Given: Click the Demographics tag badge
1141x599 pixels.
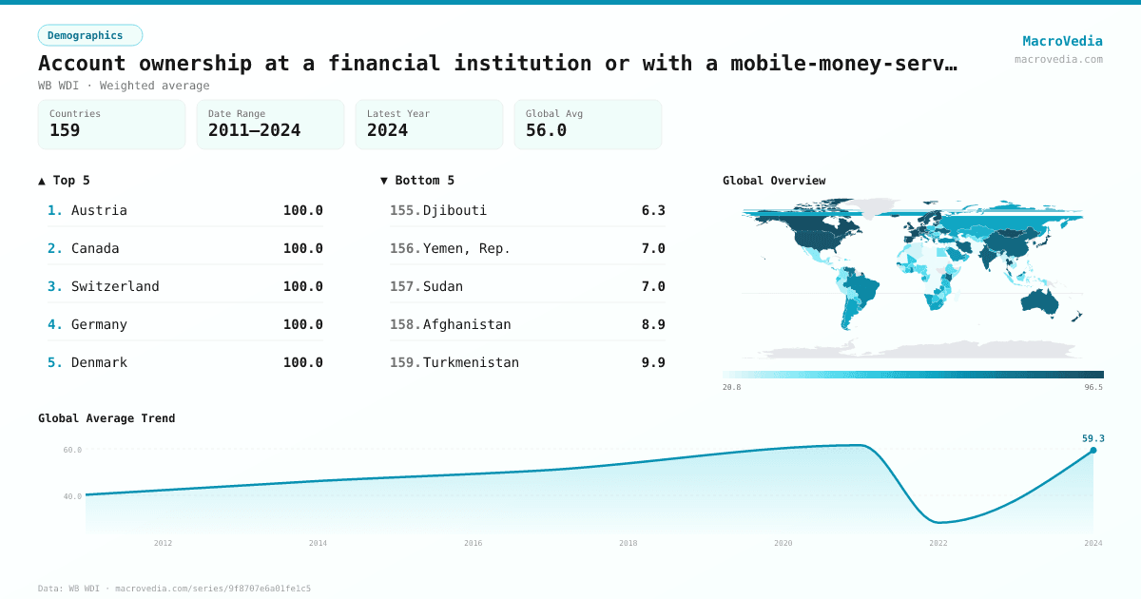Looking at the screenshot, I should pyautogui.click(x=89, y=35).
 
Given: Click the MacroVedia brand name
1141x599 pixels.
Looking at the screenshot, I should pyautogui.click(x=1062, y=41).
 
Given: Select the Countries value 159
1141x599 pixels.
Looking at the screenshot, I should pyautogui.click(x=65, y=130).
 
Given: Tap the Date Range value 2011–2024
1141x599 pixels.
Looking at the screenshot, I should pyautogui.click(x=254, y=130).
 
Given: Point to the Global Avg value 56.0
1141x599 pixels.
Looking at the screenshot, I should pyautogui.click(x=546, y=130).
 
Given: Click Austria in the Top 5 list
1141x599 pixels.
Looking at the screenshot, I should pyautogui.click(x=99, y=210).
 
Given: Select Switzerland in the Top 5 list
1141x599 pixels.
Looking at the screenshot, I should pyautogui.click(x=115, y=286).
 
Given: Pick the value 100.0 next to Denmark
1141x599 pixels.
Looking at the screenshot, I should pyautogui.click(x=302, y=362).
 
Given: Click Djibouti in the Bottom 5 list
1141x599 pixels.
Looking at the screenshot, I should pyautogui.click(x=454, y=210).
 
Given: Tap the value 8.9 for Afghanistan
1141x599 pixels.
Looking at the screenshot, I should pyautogui.click(x=653, y=324).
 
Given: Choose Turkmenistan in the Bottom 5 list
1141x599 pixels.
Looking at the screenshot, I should pyautogui.click(x=471, y=362).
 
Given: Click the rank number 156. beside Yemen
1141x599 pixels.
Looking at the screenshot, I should pyautogui.click(x=405, y=248).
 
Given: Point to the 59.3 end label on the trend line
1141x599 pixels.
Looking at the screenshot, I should pyautogui.click(x=1093, y=438).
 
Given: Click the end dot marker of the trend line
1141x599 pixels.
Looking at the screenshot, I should pyautogui.click(x=1093, y=450).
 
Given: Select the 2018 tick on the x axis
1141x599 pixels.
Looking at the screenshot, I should pyautogui.click(x=629, y=543).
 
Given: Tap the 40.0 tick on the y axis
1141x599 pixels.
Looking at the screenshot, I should pyautogui.click(x=72, y=496).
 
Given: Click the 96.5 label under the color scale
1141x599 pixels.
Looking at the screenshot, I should pyautogui.click(x=1093, y=387).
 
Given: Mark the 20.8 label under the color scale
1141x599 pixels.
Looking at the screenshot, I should pyautogui.click(x=732, y=387).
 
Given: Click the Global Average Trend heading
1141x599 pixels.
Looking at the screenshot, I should pyautogui.click(x=106, y=418).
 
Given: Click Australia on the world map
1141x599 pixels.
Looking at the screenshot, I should pyautogui.click(x=1040, y=301).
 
